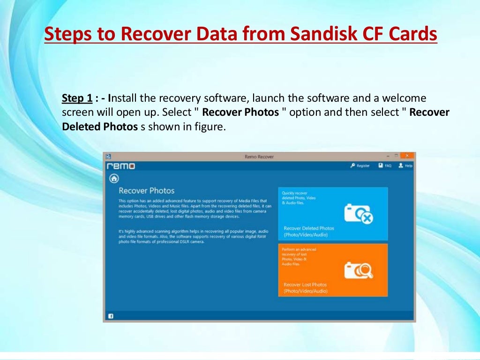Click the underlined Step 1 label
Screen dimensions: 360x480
pyautogui.click(x=77, y=98)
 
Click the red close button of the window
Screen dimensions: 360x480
pyautogui.click(x=407, y=156)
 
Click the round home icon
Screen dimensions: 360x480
pyautogui.click(x=114, y=179)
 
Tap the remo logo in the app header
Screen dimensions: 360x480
pyautogui.click(x=121, y=166)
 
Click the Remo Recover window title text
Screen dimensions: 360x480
pyautogui.click(x=259, y=157)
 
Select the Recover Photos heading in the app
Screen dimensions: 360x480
pyautogui.click(x=146, y=191)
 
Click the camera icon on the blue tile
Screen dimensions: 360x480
pyautogui.click(x=359, y=213)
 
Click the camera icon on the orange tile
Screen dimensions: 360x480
pyautogui.click(x=359, y=270)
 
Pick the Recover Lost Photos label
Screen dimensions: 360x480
pyautogui.click(x=305, y=285)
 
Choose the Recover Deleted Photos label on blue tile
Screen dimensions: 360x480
pyautogui.click(x=309, y=228)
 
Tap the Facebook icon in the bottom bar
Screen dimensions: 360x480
pyautogui.click(x=111, y=316)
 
